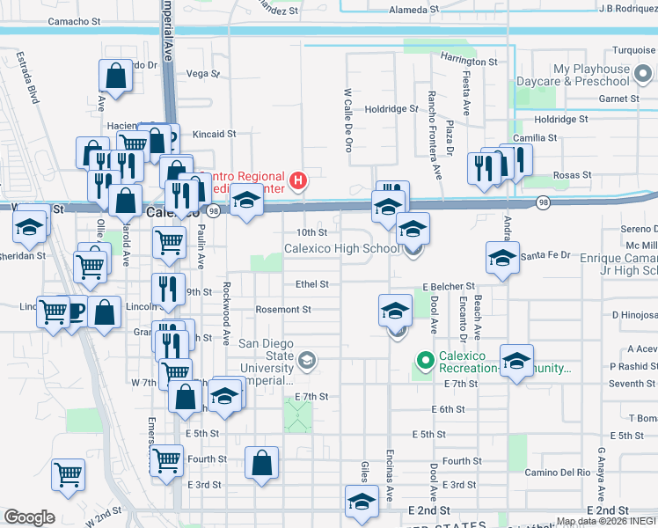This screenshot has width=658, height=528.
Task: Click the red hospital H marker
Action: coord(298,180)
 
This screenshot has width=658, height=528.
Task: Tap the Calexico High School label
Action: coord(341,249)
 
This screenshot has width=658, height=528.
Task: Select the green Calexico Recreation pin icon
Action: coord(427,360)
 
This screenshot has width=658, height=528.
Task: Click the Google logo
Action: coord(29,517)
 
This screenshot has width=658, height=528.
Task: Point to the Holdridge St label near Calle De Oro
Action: coord(391,109)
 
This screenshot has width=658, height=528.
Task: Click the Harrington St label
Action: coord(469,62)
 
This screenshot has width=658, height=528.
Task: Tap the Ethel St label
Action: coord(311,284)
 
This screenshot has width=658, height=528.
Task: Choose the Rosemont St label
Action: coord(282,310)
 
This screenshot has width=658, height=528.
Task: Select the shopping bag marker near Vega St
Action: coord(115,77)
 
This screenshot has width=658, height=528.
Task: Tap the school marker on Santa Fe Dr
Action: coord(502,257)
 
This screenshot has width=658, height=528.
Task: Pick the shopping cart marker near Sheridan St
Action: coord(91,264)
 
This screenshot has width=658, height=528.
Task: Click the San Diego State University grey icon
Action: coord(307,359)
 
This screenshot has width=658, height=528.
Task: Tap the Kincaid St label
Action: coord(215,134)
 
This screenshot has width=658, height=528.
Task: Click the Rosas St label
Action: coord(572,175)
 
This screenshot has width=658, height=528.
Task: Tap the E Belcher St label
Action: coord(448,287)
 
